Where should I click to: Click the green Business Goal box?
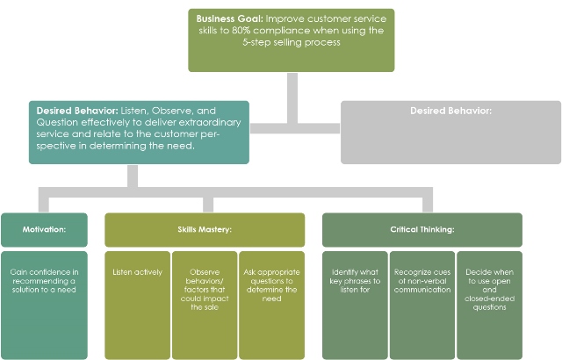[x=291, y=40]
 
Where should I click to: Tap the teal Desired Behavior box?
[x=139, y=132]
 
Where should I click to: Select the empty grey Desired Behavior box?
[x=450, y=132]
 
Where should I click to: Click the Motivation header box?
[x=44, y=229]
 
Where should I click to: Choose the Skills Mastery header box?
[x=205, y=229]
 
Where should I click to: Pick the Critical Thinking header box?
[x=421, y=229]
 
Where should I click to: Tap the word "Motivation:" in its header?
[x=44, y=229]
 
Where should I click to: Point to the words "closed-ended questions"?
[x=489, y=302]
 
